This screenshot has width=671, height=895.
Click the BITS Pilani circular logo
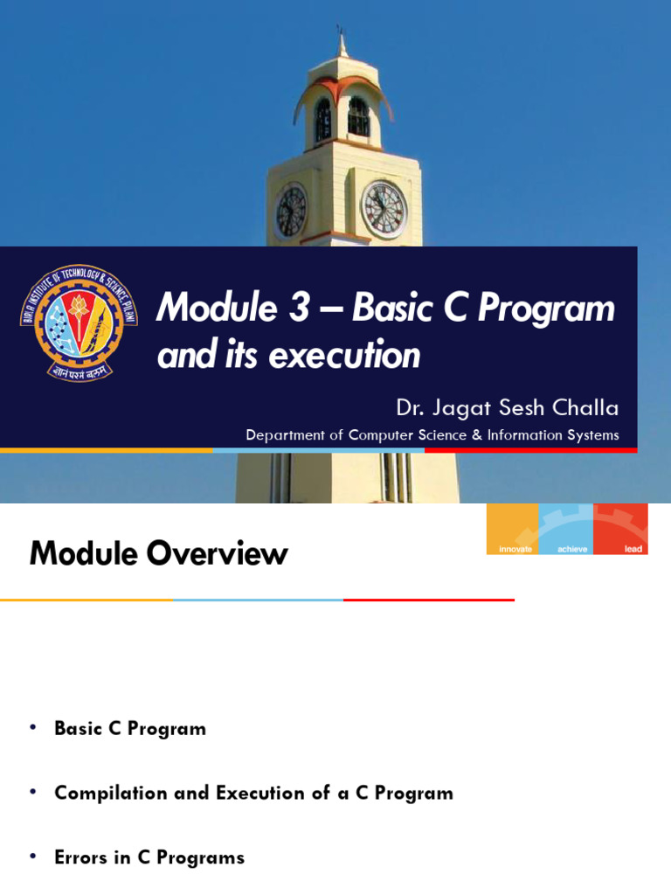point(79,322)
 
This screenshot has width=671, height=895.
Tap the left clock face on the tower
point(291,212)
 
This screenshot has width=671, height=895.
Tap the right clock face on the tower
point(384,209)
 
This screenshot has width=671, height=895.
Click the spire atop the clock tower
point(341,44)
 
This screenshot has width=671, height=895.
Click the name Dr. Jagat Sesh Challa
point(507,408)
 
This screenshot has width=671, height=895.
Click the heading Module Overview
point(158,553)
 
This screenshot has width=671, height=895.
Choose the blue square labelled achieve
point(566,529)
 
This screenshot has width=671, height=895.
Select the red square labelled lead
point(620,529)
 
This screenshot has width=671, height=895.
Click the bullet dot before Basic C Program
point(34,728)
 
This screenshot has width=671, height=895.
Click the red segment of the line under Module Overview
point(428,600)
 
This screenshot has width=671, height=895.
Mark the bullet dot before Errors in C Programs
point(34,857)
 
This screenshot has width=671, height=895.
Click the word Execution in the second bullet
point(263,793)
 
